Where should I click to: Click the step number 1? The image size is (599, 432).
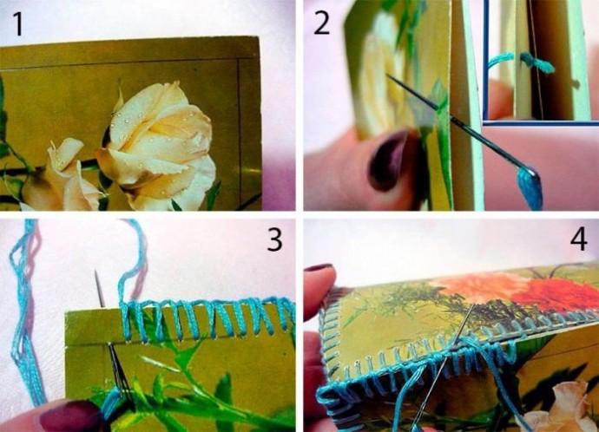coord(18,23)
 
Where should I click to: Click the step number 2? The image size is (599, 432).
coord(322,23)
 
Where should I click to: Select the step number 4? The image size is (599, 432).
coord(579,239)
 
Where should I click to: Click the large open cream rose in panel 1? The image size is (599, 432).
coord(159,145)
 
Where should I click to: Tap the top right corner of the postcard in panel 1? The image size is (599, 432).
coord(258,37)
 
